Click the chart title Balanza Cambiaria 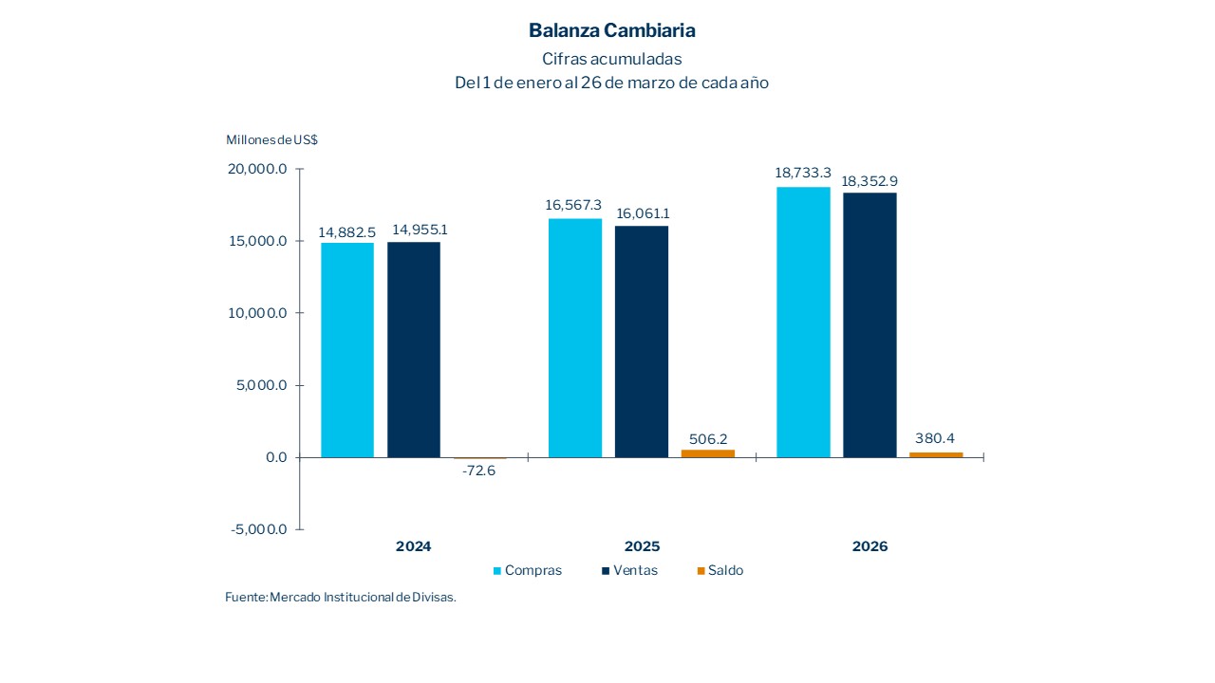[611, 30]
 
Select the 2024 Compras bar [347, 350]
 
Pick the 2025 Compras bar [575, 338]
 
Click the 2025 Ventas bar [642, 341]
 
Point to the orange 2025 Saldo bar [708, 453]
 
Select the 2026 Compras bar [803, 323]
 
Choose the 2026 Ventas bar [869, 325]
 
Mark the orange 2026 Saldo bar [936, 454]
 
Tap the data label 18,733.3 [803, 174]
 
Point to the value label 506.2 [708, 439]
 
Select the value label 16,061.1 [642, 213]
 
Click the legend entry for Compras [528, 570]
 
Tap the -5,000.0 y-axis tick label [259, 529]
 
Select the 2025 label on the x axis [642, 546]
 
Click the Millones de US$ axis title [271, 139]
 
